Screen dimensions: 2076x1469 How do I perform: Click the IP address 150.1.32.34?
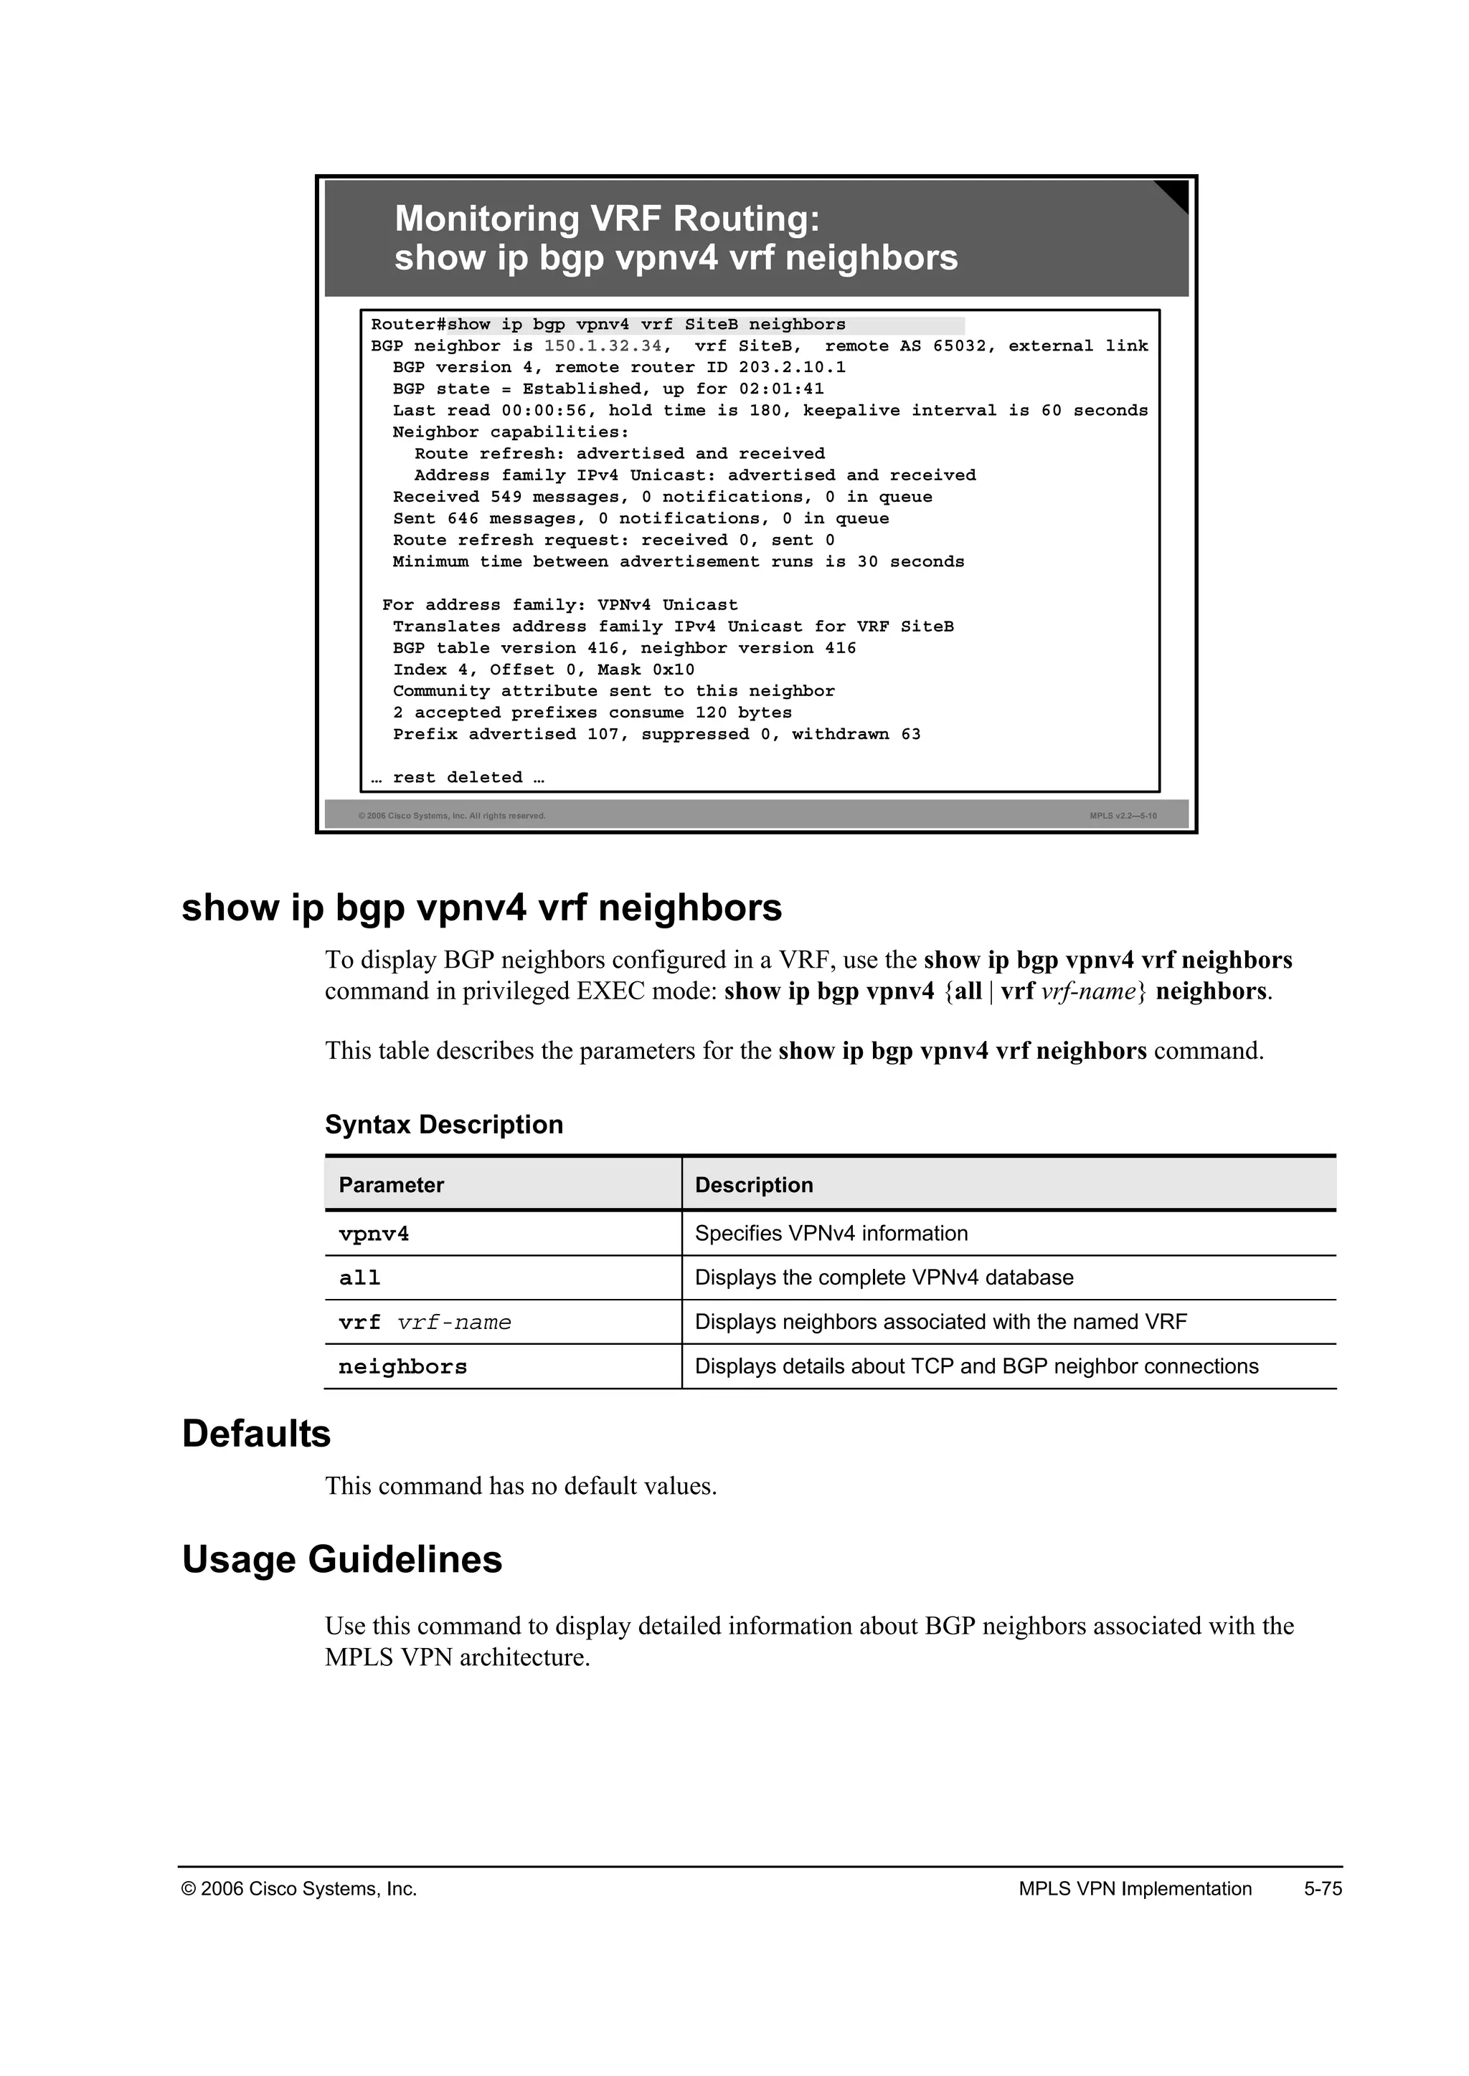[x=603, y=346]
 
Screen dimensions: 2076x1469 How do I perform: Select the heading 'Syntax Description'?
[x=443, y=1125]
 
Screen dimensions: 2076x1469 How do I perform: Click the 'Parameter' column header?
[x=391, y=1186]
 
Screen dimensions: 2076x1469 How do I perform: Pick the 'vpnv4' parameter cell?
[x=374, y=1234]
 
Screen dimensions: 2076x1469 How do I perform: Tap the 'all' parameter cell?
[x=359, y=1279]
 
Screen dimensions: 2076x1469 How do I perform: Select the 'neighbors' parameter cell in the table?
[x=402, y=1367]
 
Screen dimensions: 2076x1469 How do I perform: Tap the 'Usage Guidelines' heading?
[x=342, y=1560]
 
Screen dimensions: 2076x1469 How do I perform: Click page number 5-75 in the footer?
[x=1323, y=1889]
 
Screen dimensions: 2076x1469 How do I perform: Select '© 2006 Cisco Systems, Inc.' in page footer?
[x=299, y=1889]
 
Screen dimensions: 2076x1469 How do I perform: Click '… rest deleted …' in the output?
[x=458, y=778]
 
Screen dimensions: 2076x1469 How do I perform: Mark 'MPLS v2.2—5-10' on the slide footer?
[x=1123, y=816]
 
